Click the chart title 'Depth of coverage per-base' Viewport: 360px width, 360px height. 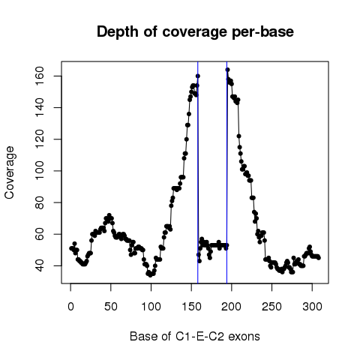[195, 32]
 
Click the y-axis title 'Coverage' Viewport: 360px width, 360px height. [9, 172]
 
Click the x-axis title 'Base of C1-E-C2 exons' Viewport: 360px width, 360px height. [195, 336]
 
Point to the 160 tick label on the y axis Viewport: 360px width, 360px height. [40, 76]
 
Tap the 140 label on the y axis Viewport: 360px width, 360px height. [40, 107]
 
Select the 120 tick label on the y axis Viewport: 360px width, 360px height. [40, 139]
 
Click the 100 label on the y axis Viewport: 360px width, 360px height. [40, 171]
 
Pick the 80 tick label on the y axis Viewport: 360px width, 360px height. [40, 202]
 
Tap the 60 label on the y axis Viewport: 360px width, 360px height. [40, 234]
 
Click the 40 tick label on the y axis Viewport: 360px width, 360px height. [40, 265]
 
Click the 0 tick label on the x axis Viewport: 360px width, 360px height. [70, 307]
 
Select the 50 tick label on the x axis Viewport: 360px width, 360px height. [111, 307]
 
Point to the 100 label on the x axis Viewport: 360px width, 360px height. [151, 307]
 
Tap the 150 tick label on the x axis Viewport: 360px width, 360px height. [191, 307]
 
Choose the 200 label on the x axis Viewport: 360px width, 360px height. [232, 307]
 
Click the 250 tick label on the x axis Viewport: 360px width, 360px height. [271, 307]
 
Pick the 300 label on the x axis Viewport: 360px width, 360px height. [312, 307]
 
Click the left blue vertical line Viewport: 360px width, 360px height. [198, 172]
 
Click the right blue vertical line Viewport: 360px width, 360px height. [226, 172]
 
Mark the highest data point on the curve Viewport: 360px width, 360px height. [227, 70]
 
